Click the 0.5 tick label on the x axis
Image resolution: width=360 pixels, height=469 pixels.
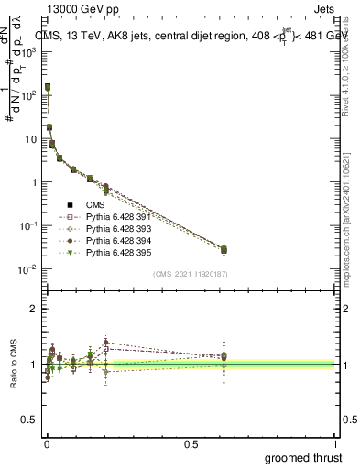coord(191,443)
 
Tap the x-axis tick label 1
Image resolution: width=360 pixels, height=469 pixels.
coord(337,443)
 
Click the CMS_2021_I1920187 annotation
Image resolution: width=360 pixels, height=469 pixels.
coord(191,274)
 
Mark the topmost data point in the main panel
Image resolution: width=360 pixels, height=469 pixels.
coord(47,87)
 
